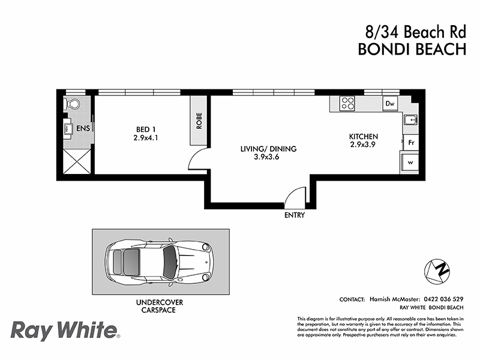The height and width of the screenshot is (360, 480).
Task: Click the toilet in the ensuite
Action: (x=72, y=104)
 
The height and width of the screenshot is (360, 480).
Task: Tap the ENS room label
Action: (x=82, y=128)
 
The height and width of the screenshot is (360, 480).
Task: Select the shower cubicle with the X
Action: (x=76, y=160)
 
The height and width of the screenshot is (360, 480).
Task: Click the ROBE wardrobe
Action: (x=199, y=121)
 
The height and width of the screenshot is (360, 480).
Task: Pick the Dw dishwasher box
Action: (x=390, y=104)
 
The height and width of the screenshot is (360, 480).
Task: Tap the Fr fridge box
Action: (x=410, y=143)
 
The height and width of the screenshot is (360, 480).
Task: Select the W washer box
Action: (x=410, y=162)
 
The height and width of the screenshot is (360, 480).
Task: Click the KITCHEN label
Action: (x=364, y=137)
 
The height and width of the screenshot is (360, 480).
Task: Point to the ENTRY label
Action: (x=295, y=215)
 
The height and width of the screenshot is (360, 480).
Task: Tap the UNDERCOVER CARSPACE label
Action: (x=160, y=307)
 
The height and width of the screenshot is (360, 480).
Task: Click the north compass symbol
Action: (x=437, y=271)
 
